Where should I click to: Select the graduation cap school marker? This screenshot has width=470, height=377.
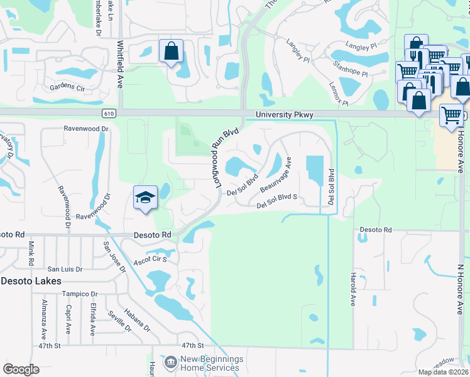[x=145, y=198]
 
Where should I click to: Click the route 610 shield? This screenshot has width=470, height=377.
[x=110, y=112]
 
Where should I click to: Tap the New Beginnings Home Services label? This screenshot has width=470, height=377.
[x=212, y=363]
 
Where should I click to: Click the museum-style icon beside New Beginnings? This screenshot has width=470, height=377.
[x=170, y=362]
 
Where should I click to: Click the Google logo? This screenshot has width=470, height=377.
[x=21, y=369]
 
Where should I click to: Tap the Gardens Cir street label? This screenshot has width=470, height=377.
[x=67, y=87]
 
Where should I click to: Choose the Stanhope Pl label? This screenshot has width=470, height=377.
[x=350, y=72]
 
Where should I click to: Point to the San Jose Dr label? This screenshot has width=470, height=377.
[x=114, y=258]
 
